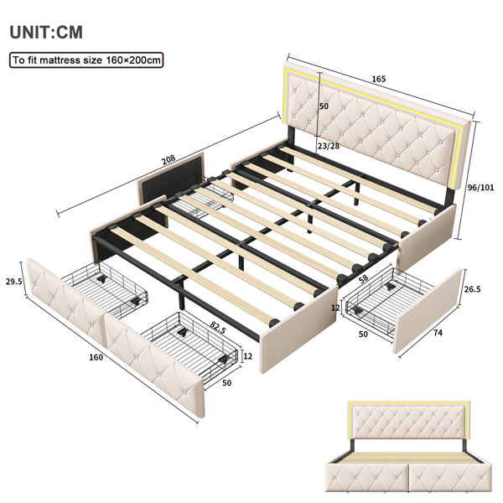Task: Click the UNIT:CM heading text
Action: (46, 33)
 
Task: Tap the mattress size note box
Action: (86, 60)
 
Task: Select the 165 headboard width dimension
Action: (379, 79)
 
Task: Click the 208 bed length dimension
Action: (169, 159)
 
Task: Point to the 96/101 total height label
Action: (480, 187)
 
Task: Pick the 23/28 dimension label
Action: (328, 146)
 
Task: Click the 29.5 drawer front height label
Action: (13, 282)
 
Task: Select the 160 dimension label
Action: (96, 357)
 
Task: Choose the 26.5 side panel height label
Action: (473, 289)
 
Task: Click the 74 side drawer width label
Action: (438, 333)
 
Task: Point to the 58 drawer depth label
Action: (364, 278)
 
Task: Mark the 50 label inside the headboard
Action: (324, 106)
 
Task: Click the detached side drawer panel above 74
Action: (428, 310)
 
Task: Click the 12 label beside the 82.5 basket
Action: (248, 356)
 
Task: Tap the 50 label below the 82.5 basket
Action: (226, 383)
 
